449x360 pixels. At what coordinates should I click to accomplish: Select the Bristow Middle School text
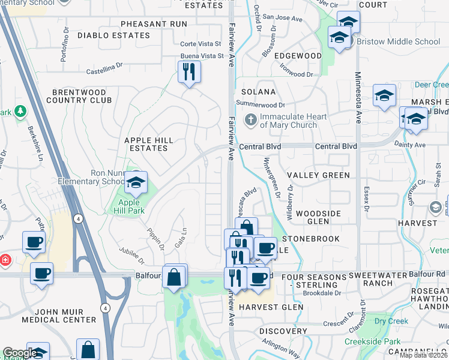[x=398, y=41]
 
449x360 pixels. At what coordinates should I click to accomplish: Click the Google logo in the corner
[x=19, y=353]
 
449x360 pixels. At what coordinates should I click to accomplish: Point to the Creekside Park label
[x=372, y=341]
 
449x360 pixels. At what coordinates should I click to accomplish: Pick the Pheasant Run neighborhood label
[x=154, y=24]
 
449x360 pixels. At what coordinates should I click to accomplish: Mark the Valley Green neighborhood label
[x=318, y=175]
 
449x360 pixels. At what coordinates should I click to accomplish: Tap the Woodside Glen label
[x=318, y=217]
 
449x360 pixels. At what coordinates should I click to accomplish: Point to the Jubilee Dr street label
[x=131, y=256]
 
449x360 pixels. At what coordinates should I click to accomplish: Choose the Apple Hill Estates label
[x=148, y=144]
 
